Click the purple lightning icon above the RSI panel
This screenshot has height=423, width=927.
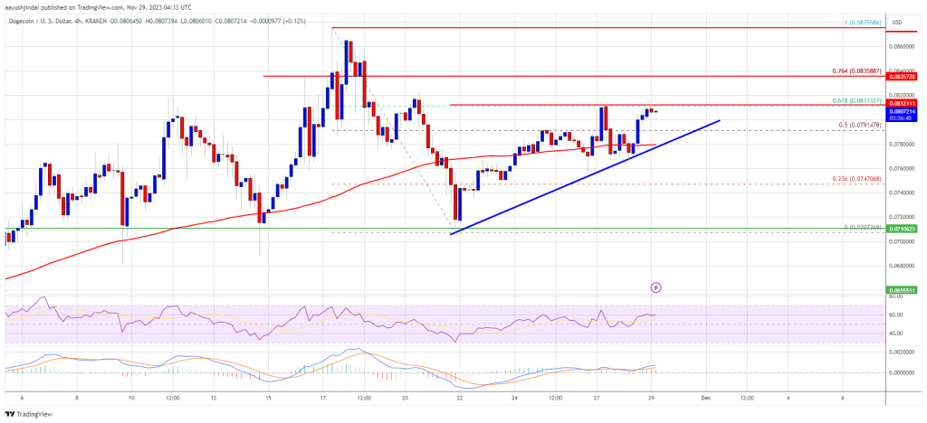pyautogui.click(x=656, y=287)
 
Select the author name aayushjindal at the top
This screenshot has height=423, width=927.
pyautogui.click(x=24, y=5)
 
